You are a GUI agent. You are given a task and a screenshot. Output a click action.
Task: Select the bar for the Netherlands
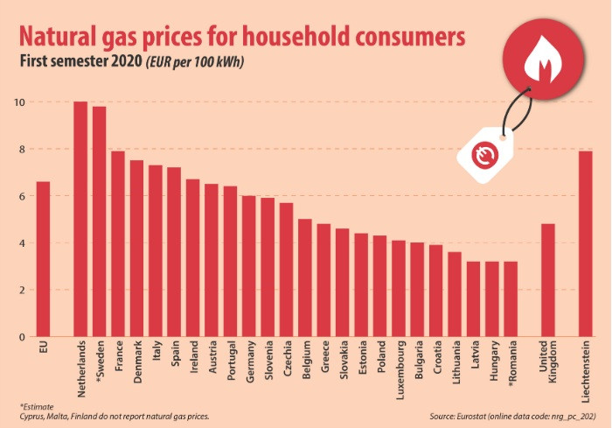(x=80, y=219)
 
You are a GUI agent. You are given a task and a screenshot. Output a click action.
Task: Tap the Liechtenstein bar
(x=586, y=244)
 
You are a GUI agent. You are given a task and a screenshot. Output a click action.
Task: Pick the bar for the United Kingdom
(x=548, y=280)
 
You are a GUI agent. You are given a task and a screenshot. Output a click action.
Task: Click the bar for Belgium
(x=305, y=277)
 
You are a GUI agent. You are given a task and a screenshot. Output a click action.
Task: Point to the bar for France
(x=118, y=244)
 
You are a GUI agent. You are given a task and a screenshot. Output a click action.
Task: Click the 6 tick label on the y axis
(x=19, y=197)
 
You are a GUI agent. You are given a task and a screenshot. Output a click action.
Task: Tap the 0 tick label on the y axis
(x=19, y=337)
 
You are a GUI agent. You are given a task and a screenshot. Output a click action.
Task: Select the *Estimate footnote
(x=37, y=405)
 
